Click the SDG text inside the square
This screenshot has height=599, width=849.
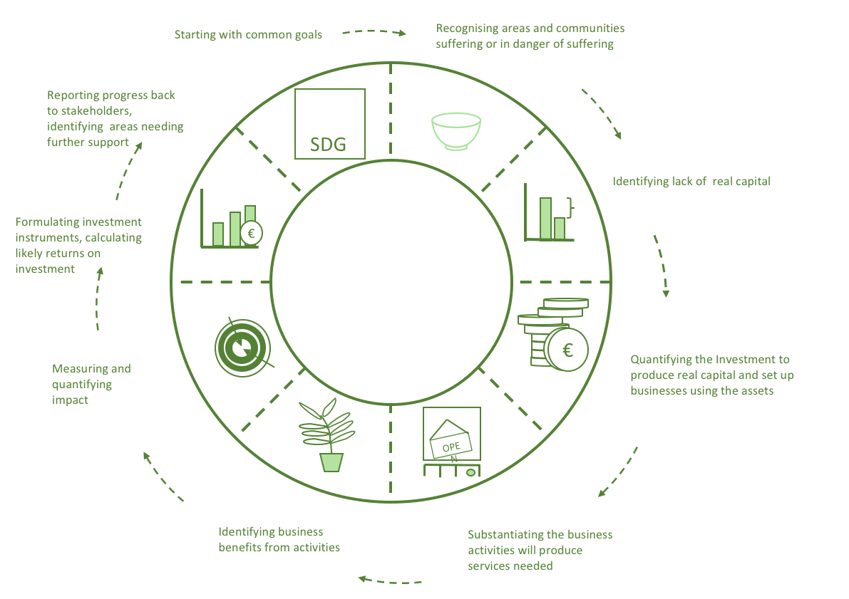tap(329, 145)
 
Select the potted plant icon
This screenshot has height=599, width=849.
tap(327, 434)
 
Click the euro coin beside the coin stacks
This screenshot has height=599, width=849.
tap(568, 350)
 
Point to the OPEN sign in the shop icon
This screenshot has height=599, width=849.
tap(451, 445)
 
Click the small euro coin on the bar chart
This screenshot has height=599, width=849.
tap(251, 232)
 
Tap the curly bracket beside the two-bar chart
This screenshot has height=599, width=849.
tap(570, 207)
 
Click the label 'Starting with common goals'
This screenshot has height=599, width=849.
tap(248, 34)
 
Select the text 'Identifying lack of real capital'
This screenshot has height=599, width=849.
tap(691, 182)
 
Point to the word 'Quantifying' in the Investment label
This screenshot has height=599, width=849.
tap(662, 360)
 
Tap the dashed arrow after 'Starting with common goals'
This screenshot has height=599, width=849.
tap(374, 32)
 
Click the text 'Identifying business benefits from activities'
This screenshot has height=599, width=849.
tap(279, 539)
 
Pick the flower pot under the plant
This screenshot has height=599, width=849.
tap(331, 462)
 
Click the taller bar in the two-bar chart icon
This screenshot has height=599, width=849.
tap(545, 218)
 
